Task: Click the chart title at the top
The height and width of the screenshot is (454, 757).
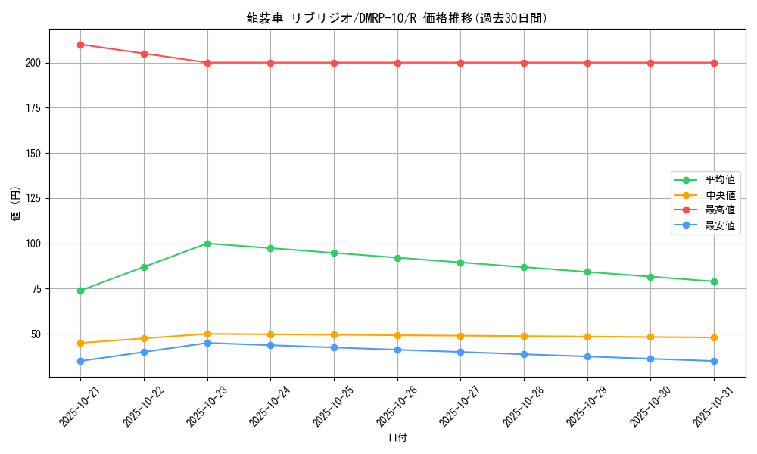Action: (x=397, y=18)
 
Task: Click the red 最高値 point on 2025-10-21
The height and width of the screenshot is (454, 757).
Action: (x=81, y=45)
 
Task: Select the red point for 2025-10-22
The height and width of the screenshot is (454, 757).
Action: (x=144, y=54)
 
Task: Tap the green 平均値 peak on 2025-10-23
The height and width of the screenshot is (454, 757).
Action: (x=207, y=244)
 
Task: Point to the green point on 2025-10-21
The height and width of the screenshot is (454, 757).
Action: (x=81, y=291)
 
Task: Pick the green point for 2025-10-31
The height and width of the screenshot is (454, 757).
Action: (x=714, y=281)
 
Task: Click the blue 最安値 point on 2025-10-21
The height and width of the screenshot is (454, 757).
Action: (x=81, y=361)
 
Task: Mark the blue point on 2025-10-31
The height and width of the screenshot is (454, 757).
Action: (x=714, y=361)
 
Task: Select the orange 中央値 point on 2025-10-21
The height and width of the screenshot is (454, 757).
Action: (x=81, y=343)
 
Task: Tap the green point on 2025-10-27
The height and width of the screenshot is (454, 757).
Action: (x=460, y=263)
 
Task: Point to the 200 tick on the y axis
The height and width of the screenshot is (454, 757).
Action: (x=33, y=63)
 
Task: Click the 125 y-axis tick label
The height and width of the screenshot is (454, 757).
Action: (x=33, y=198)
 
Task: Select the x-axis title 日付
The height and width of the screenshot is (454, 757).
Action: (x=397, y=438)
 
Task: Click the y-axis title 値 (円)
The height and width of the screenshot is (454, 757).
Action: (x=16, y=204)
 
